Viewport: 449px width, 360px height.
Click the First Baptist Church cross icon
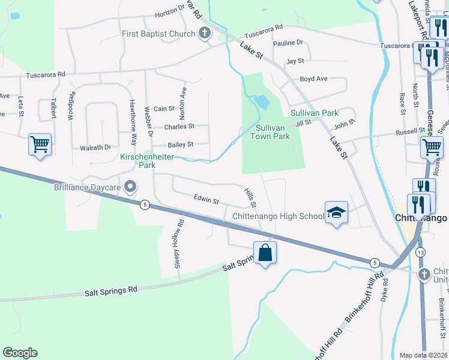tap(205, 34)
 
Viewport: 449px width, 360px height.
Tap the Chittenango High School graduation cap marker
tap(336, 212)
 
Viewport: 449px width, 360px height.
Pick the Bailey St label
tap(181, 145)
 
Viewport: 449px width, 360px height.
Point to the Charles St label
tap(179, 127)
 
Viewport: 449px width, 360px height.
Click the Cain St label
tap(164, 109)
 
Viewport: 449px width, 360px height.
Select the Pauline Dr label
tap(288, 43)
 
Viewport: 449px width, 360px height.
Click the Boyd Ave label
tap(313, 79)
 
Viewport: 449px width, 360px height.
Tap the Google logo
tap(20, 353)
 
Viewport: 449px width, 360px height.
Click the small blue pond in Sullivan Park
tap(261, 102)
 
